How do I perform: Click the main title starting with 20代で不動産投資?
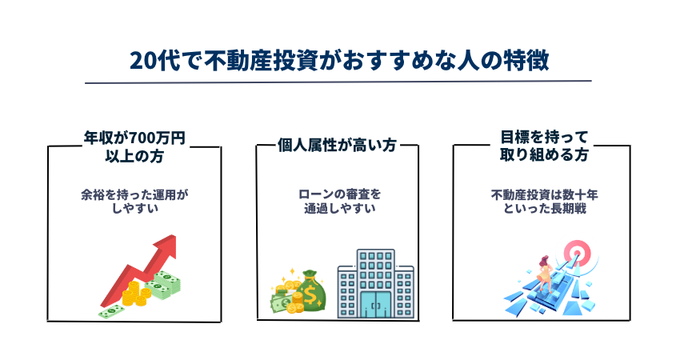point(339,60)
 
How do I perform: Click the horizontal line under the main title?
point(338,82)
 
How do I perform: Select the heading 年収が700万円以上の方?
point(134,147)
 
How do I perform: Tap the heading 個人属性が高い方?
point(338,145)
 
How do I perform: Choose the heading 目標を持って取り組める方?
point(544,146)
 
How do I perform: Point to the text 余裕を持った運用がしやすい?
point(135,202)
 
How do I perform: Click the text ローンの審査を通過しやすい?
point(339,202)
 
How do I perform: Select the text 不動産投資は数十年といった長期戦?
point(544,202)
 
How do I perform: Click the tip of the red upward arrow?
point(174,236)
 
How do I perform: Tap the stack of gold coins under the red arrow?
point(136,293)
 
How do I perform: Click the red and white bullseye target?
point(576,252)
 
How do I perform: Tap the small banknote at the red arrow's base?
point(111,310)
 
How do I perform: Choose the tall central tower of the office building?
point(375,283)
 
